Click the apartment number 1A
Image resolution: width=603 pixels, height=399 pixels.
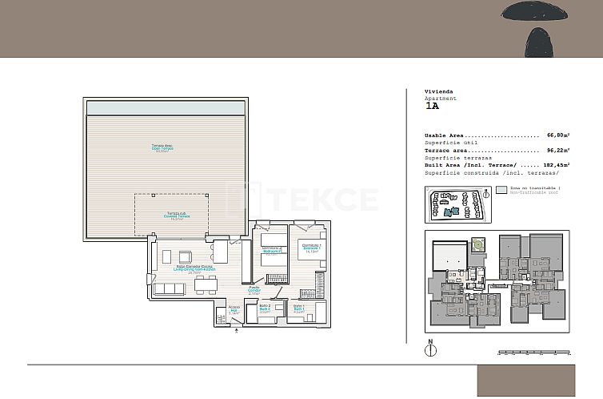click(x=432, y=106)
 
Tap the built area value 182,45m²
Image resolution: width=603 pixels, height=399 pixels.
click(x=555, y=164)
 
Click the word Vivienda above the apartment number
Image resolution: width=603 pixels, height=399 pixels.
click(x=439, y=92)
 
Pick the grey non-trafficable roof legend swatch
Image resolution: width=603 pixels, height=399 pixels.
click(x=501, y=191)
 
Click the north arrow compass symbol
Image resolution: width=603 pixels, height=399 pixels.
click(x=430, y=350)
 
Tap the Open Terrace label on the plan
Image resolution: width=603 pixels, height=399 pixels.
click(x=162, y=147)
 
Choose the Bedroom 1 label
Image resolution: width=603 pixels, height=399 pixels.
click(x=311, y=248)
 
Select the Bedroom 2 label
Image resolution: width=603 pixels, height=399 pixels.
click(x=272, y=250)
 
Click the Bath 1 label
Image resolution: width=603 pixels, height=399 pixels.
click(x=298, y=309)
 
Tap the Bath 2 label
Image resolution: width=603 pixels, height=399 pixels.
click(x=266, y=308)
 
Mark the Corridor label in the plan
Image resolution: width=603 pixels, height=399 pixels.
click(x=254, y=290)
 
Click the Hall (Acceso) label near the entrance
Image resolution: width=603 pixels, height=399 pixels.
click(x=234, y=309)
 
